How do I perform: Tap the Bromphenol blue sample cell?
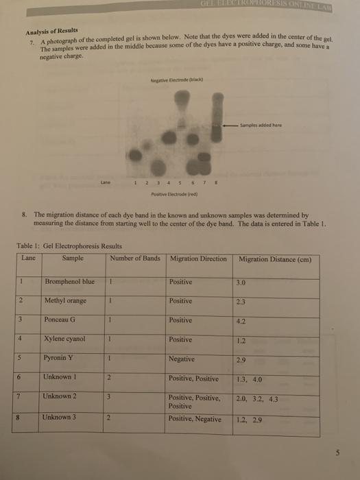68,282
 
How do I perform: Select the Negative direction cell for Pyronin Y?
183,359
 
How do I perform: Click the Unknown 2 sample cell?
61,396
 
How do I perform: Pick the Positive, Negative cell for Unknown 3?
195,418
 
